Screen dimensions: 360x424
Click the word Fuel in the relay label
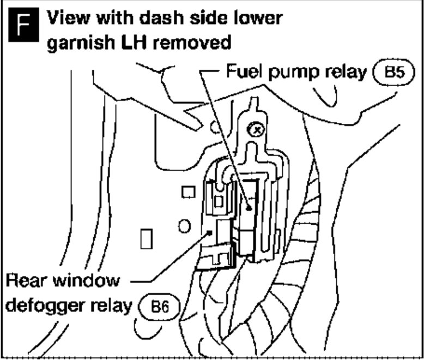click(241, 72)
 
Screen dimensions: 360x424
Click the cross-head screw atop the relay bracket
click(253, 129)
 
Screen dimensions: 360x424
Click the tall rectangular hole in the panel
click(146, 238)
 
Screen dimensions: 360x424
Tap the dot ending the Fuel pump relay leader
click(248, 208)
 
